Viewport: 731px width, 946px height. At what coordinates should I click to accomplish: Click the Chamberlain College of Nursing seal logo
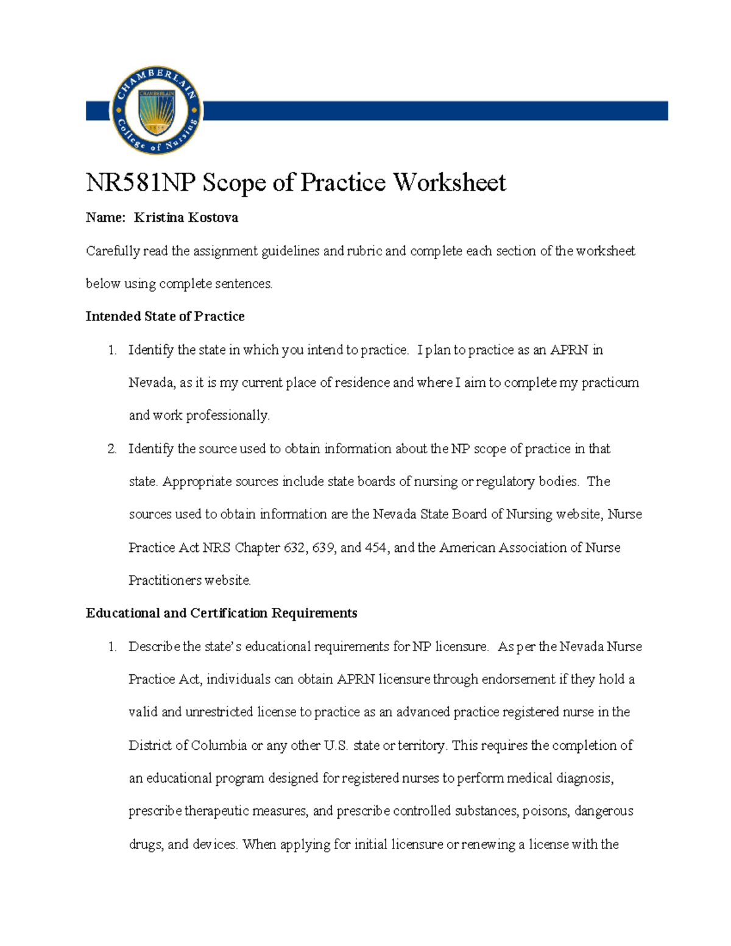click(157, 111)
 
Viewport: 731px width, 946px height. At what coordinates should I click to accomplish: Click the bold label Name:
click(105, 217)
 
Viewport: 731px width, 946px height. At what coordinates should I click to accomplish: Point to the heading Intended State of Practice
click(165, 316)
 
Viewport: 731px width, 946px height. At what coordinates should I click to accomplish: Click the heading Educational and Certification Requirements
click(221, 613)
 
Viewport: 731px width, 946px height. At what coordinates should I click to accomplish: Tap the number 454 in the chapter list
click(375, 547)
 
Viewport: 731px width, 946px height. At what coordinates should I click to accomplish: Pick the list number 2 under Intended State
click(112, 449)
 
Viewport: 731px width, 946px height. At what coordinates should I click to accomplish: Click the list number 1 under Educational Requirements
click(112, 646)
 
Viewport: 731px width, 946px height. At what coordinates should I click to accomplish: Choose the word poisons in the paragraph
click(546, 811)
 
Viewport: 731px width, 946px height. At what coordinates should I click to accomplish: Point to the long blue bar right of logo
click(436, 111)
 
